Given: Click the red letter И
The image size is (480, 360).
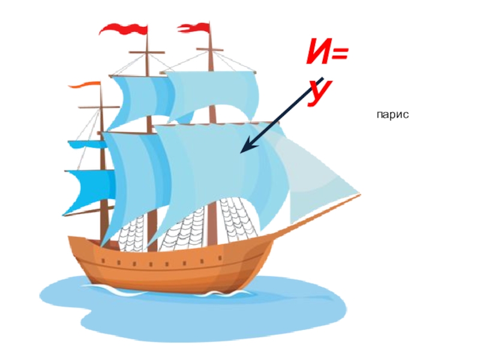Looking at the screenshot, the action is pyautogui.click(x=320, y=57).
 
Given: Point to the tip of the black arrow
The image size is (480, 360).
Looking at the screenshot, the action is pyautogui.click(x=242, y=151).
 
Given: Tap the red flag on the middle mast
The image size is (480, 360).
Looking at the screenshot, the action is pyautogui.click(x=124, y=28).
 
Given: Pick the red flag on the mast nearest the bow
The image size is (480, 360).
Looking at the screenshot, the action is pyautogui.click(x=195, y=26).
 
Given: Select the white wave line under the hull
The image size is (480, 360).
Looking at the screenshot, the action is pyautogui.click(x=180, y=293).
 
